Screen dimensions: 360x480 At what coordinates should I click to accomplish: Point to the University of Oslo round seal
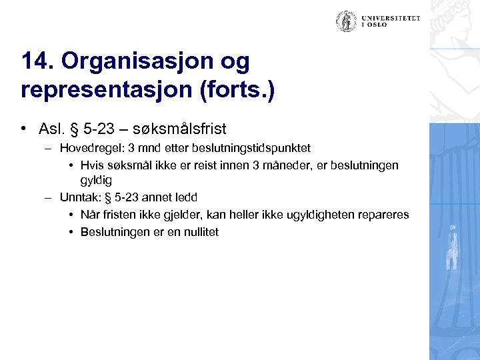345,21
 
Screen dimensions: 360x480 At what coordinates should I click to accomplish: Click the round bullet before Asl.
23,128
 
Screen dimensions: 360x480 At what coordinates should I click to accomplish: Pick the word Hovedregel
87,147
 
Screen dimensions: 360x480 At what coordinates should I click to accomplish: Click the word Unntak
77,197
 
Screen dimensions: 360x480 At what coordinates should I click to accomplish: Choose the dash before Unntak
47,197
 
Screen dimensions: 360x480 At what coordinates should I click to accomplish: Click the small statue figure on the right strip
453,247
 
